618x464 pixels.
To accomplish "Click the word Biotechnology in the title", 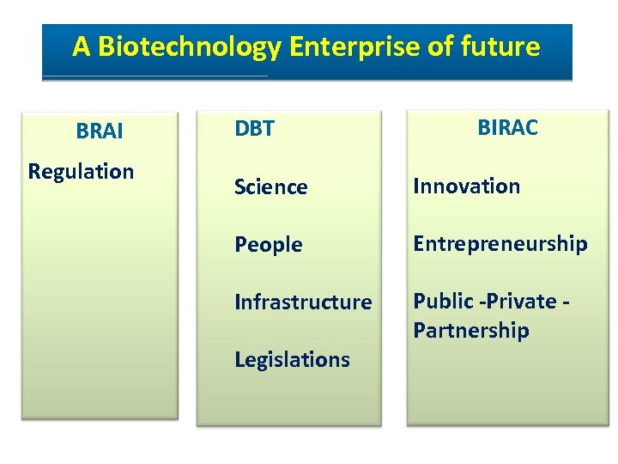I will coord(189,46).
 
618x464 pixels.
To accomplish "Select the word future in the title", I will coord(499,46).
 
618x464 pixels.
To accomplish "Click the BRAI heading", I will coord(100,131).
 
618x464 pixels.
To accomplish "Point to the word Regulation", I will coord(81,171).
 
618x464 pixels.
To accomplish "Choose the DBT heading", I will coord(254,129).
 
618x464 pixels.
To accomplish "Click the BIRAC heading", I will coord(507,128).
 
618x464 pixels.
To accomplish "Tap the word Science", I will coord(270,187).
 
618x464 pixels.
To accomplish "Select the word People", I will coord(268,245).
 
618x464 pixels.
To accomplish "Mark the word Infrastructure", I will coord(303,302).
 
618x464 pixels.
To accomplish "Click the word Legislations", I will coord(292,359).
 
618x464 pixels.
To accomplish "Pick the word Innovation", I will coord(466,186).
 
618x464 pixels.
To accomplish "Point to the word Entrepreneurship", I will coord(500,244).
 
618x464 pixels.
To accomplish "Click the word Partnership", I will coord(470,331).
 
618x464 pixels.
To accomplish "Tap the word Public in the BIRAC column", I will coord(443,302).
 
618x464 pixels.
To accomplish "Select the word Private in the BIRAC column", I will coord(521,302).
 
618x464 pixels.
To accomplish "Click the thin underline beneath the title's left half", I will coord(154,76).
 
